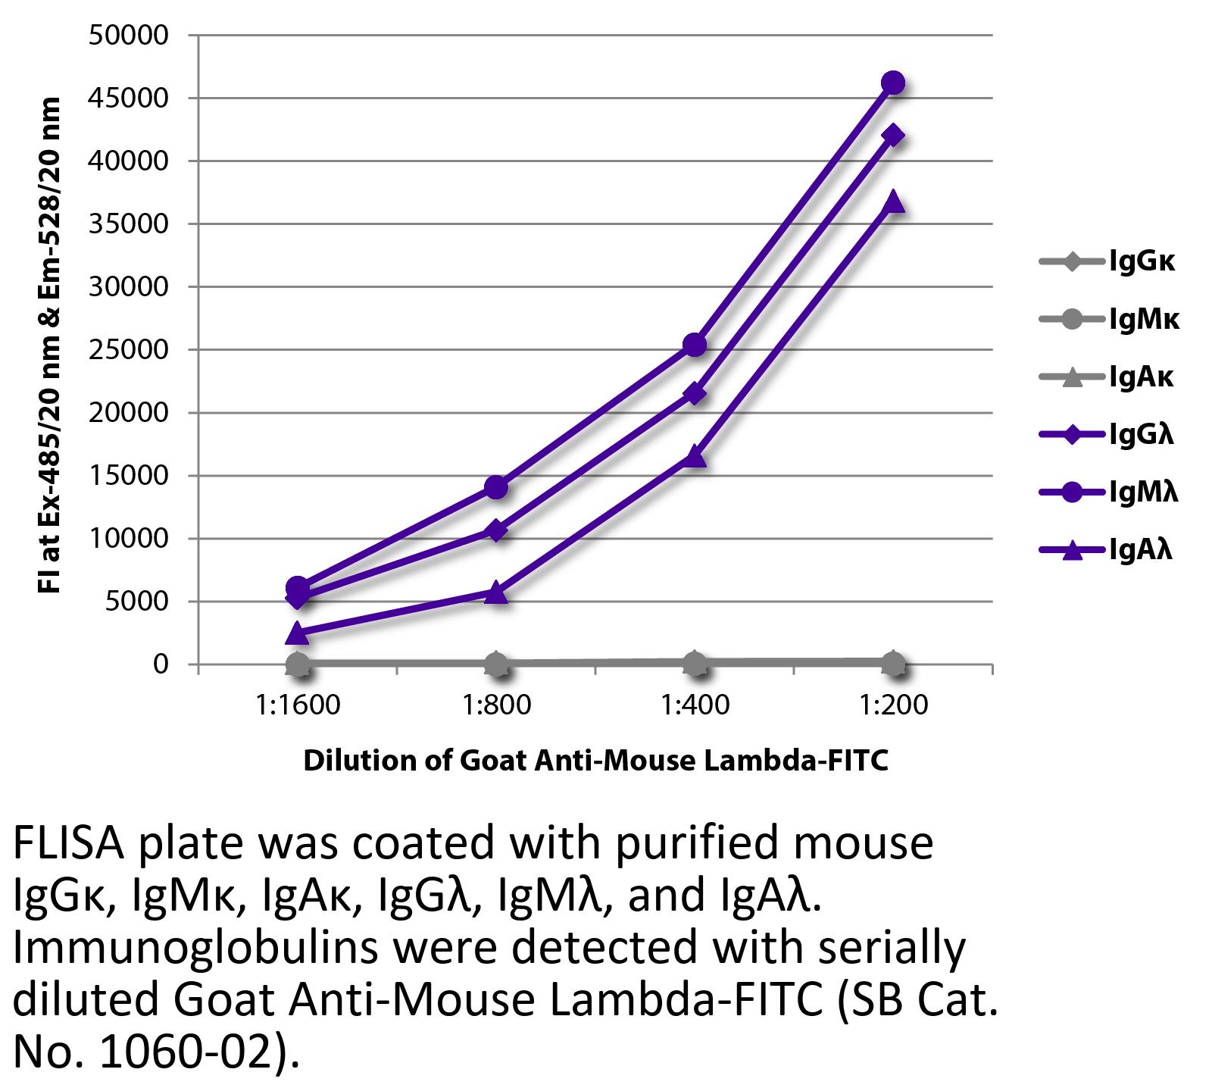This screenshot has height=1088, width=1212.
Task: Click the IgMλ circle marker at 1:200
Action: (x=893, y=83)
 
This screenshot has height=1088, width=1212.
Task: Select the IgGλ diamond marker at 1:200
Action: (x=893, y=136)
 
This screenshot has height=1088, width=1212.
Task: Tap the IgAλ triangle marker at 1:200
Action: (x=893, y=202)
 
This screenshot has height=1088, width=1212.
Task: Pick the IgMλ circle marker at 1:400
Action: (x=695, y=345)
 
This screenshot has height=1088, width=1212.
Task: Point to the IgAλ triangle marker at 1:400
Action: (x=695, y=456)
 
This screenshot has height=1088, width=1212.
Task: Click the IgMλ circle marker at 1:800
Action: (x=496, y=487)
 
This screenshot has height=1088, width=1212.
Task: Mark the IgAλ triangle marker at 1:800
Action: (x=496, y=592)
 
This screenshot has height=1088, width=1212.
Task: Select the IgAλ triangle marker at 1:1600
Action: (x=298, y=633)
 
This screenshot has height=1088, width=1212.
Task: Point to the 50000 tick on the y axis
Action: (x=128, y=36)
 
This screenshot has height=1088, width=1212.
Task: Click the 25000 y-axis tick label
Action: (x=128, y=350)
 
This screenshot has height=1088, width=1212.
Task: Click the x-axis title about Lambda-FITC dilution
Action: (x=595, y=760)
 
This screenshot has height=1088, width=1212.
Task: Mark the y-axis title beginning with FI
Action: (x=49, y=345)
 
